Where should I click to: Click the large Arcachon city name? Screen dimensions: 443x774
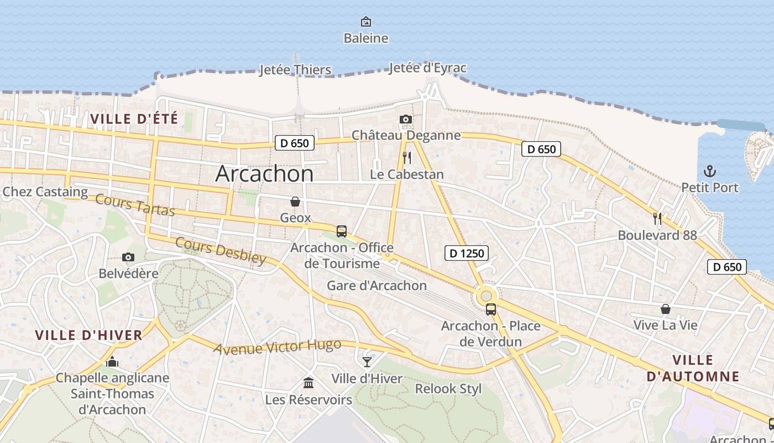click(264, 174)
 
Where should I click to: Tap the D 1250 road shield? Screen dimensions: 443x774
click(467, 254)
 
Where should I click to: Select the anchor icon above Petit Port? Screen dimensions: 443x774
click(709, 171)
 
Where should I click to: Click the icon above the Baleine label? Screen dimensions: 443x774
click(365, 22)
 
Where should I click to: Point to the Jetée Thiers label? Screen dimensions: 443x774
click(295, 70)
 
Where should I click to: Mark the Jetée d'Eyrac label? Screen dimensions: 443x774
click(427, 68)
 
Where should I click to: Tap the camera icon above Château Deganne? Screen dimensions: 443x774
click(406, 119)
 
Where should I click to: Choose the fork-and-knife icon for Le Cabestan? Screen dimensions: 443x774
click(407, 158)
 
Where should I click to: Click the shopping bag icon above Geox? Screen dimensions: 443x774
click(295, 202)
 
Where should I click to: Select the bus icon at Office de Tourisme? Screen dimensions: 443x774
click(342, 231)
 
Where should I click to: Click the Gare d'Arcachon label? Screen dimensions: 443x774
click(376, 286)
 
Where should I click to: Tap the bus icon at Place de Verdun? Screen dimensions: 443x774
click(490, 310)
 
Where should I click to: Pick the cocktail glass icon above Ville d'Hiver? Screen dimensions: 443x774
click(367, 362)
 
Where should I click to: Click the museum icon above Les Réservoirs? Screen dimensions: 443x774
click(308, 383)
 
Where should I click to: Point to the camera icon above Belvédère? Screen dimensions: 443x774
click(128, 257)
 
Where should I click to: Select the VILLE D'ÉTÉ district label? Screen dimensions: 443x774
click(134, 119)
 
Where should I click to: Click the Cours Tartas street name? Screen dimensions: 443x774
click(135, 205)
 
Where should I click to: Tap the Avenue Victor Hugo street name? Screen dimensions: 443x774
click(277, 347)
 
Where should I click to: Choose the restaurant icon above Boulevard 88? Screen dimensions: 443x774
click(657, 219)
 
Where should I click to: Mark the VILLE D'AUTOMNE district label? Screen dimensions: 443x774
click(693, 368)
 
